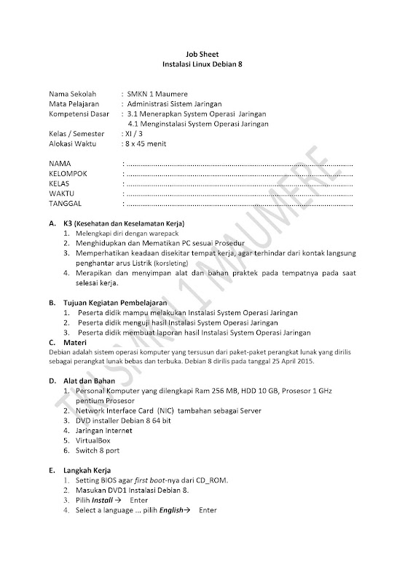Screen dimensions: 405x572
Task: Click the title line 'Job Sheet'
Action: tap(202, 54)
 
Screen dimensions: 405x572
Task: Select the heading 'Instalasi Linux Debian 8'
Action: tap(202, 64)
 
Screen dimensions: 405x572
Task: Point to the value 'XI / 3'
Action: tap(135, 134)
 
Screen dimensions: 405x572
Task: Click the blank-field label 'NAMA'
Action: tap(60, 164)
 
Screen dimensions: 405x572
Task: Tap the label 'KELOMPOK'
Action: tap(68, 174)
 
